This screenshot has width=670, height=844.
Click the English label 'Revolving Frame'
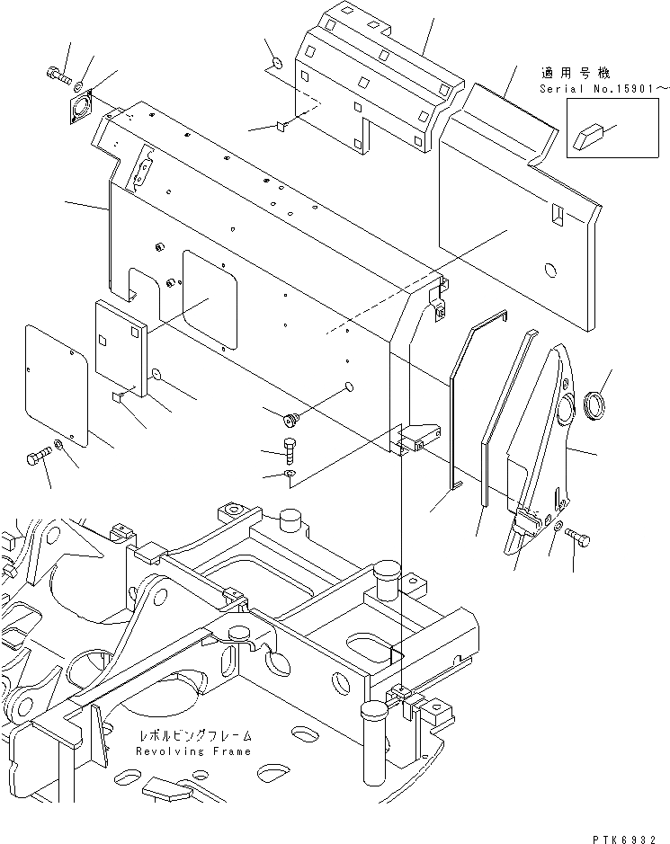[x=193, y=751]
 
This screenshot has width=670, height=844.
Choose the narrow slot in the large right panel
[x=558, y=216]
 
